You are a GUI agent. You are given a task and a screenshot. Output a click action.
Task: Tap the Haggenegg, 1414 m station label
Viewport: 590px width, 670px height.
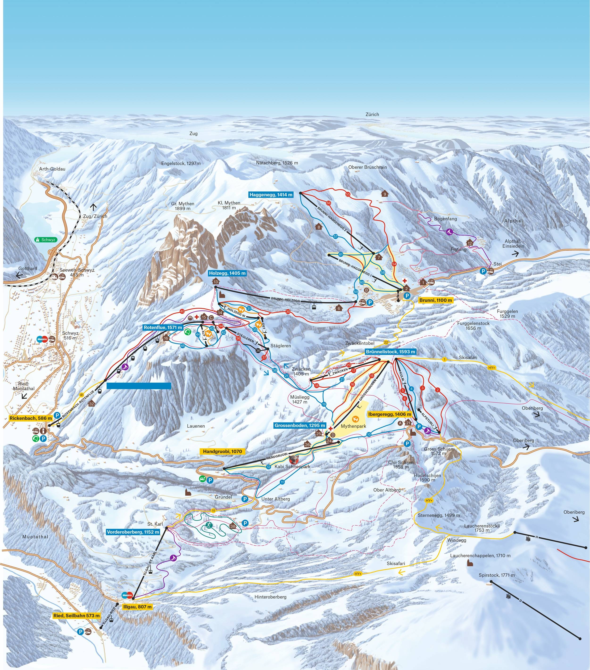tap(271, 195)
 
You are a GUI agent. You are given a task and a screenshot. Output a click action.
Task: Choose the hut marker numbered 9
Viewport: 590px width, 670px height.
tap(385, 194)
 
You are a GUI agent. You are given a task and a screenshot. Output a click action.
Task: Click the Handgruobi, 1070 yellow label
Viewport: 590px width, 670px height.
tap(222, 451)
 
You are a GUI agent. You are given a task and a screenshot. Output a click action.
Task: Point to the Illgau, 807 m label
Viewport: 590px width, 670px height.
tap(137, 607)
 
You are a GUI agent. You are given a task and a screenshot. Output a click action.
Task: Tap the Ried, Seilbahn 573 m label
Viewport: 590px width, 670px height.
tap(76, 616)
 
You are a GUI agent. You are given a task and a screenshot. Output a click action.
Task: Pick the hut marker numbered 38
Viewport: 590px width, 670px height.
tap(233, 526)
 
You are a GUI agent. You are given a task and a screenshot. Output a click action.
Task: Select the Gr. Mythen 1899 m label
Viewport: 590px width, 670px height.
tap(183, 206)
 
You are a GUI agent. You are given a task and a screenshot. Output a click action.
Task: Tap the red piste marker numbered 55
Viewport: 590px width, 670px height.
tap(348, 194)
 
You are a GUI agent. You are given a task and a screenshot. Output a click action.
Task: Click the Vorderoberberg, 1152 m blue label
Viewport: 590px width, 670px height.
tap(133, 532)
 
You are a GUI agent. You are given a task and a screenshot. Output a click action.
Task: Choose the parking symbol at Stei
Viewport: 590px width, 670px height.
tap(483, 271)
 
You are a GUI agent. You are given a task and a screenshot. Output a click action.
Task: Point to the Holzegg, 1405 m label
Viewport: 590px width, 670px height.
tap(227, 273)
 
